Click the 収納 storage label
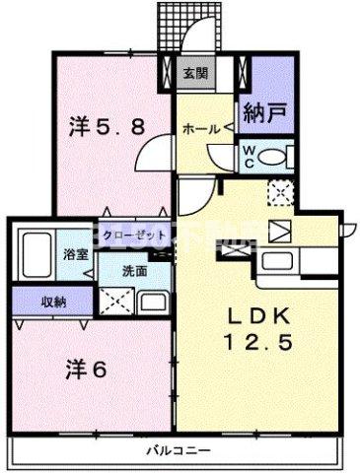pos(38,302)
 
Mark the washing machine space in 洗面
pos(114,299)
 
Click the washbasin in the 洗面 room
pos(154,300)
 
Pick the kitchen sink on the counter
pos(287,260)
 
